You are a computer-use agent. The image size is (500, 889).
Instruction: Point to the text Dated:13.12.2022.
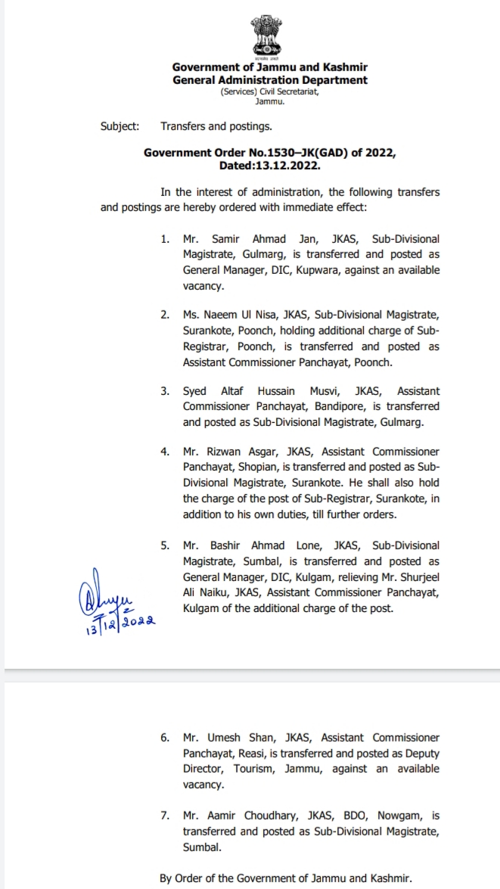[270, 164]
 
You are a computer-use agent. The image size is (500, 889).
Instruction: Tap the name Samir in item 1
[221, 239]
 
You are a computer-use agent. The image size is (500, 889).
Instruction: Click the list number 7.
[165, 816]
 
